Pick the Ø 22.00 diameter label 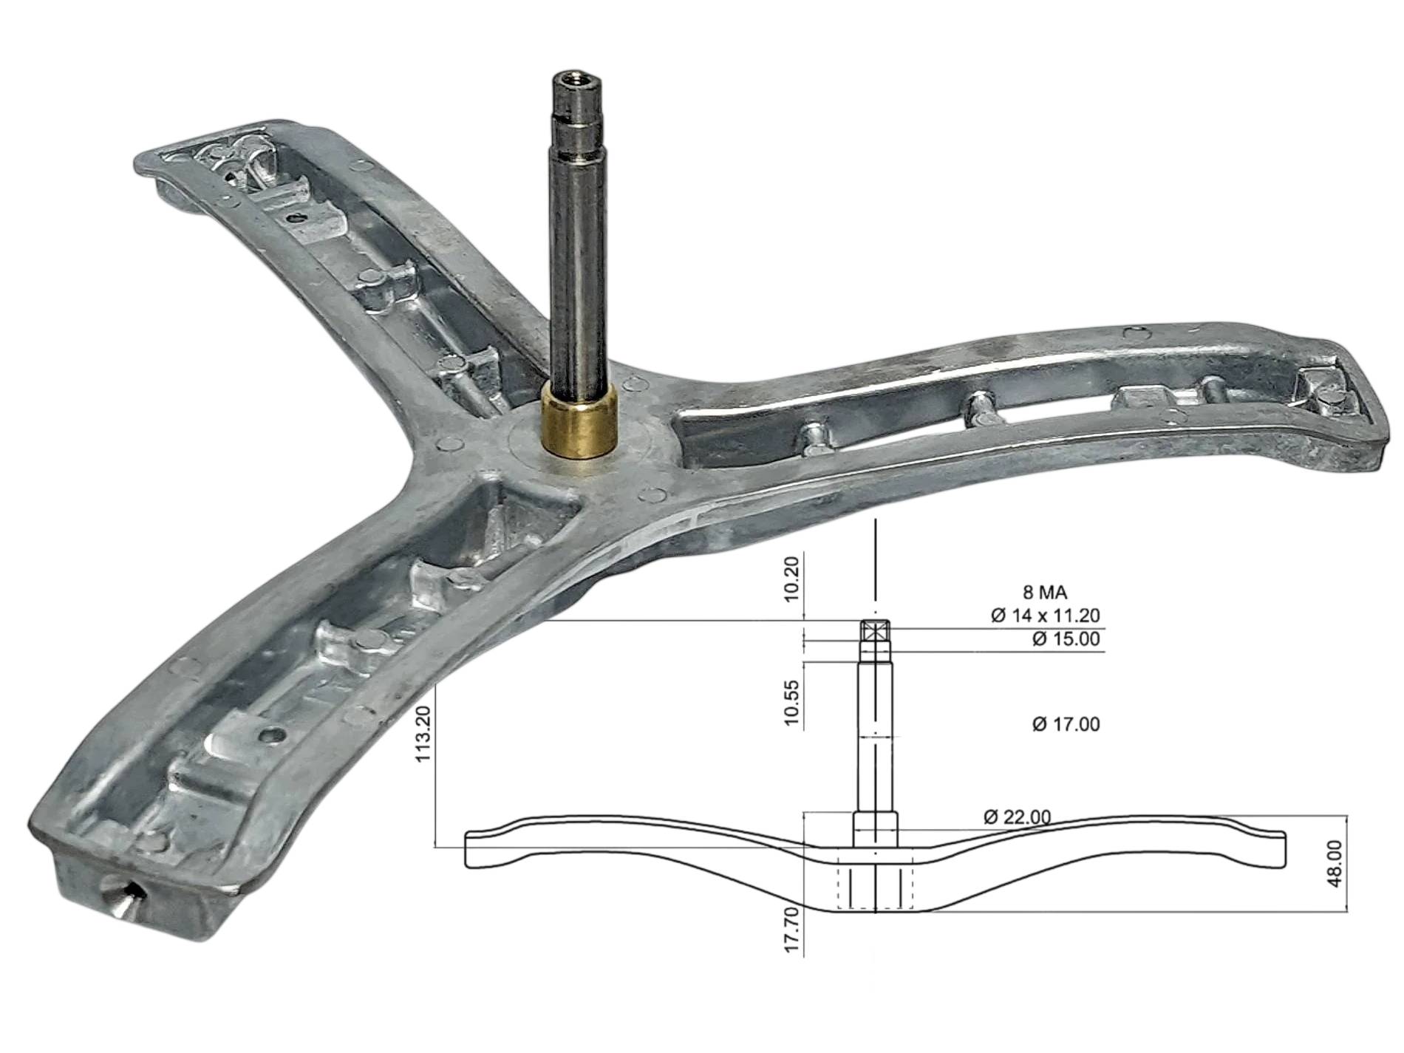click(x=1017, y=817)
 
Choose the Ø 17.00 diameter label click(x=1065, y=723)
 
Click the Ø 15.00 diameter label click(x=1065, y=638)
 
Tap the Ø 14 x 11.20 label click(x=1045, y=615)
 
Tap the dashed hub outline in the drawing click(x=876, y=884)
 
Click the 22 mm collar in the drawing click(x=876, y=828)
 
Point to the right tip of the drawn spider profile click(x=1286, y=848)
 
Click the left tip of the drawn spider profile click(x=466, y=848)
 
